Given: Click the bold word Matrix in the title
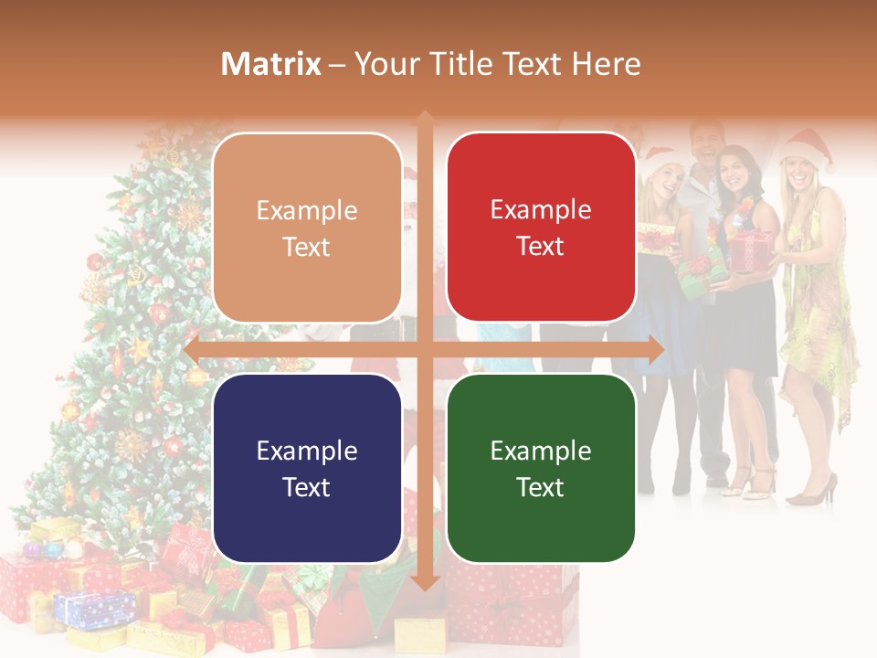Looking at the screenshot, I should (271, 64).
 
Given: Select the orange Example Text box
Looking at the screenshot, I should (307, 228).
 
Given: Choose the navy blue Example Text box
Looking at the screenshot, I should (307, 468).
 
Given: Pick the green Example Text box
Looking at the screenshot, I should (541, 468).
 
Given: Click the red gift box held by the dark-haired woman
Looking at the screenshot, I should (752, 249).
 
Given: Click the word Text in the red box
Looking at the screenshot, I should (541, 246).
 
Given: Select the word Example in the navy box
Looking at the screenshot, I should (307, 451).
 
